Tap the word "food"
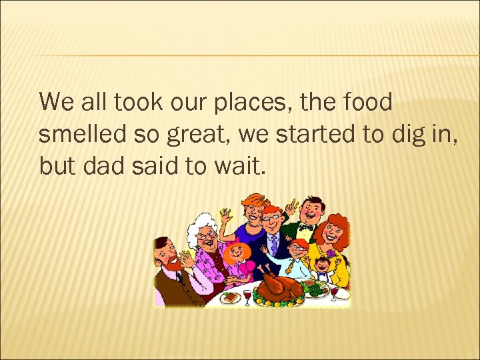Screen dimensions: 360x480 point(371,103)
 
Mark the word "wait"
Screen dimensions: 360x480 point(238,165)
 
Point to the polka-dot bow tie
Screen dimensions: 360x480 point(306,227)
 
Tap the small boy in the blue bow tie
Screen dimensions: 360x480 point(323,270)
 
